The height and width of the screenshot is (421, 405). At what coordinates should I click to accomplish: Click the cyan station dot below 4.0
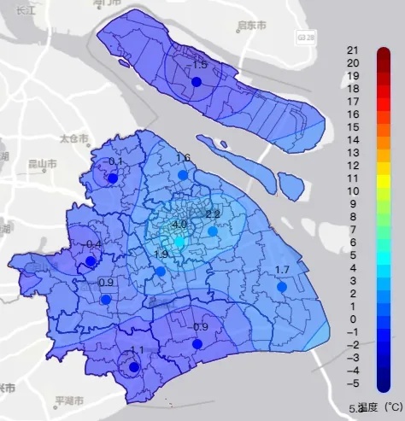(x=179, y=243)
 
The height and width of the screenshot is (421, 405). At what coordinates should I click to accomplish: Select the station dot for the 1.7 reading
(x=281, y=287)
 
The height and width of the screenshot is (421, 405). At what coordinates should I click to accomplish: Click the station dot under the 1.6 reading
(x=182, y=174)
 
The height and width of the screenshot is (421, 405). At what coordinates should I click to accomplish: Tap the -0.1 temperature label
(x=114, y=162)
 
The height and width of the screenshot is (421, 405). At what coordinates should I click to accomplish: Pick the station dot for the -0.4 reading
(x=91, y=261)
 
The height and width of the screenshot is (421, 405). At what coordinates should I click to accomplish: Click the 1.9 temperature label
(x=161, y=254)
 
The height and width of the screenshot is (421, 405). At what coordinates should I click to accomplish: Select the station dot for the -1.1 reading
(x=132, y=367)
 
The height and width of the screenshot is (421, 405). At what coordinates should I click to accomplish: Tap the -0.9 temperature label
(x=199, y=327)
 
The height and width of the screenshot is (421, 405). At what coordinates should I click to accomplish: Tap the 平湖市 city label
(x=67, y=400)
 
